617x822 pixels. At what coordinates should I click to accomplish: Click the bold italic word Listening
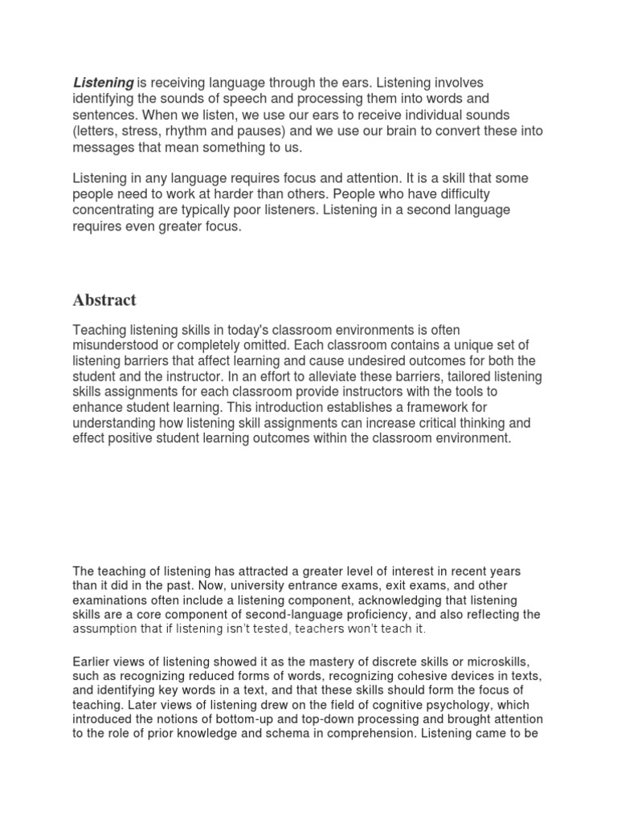[x=104, y=83]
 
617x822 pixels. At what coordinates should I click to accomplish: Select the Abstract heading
[x=104, y=300]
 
